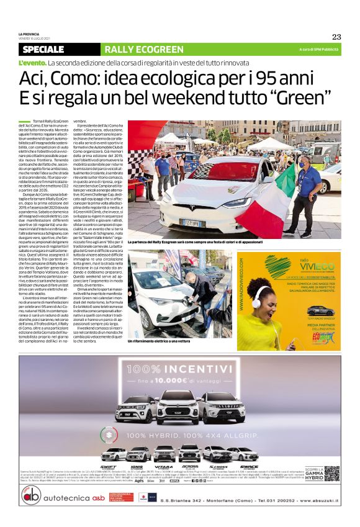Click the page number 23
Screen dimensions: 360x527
tap(336, 37)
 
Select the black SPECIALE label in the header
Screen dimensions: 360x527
tap(43, 50)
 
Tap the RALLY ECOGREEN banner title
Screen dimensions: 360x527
tap(143, 50)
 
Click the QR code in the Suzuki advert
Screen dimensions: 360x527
tap(331, 473)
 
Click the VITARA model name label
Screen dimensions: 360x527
tap(163, 467)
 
